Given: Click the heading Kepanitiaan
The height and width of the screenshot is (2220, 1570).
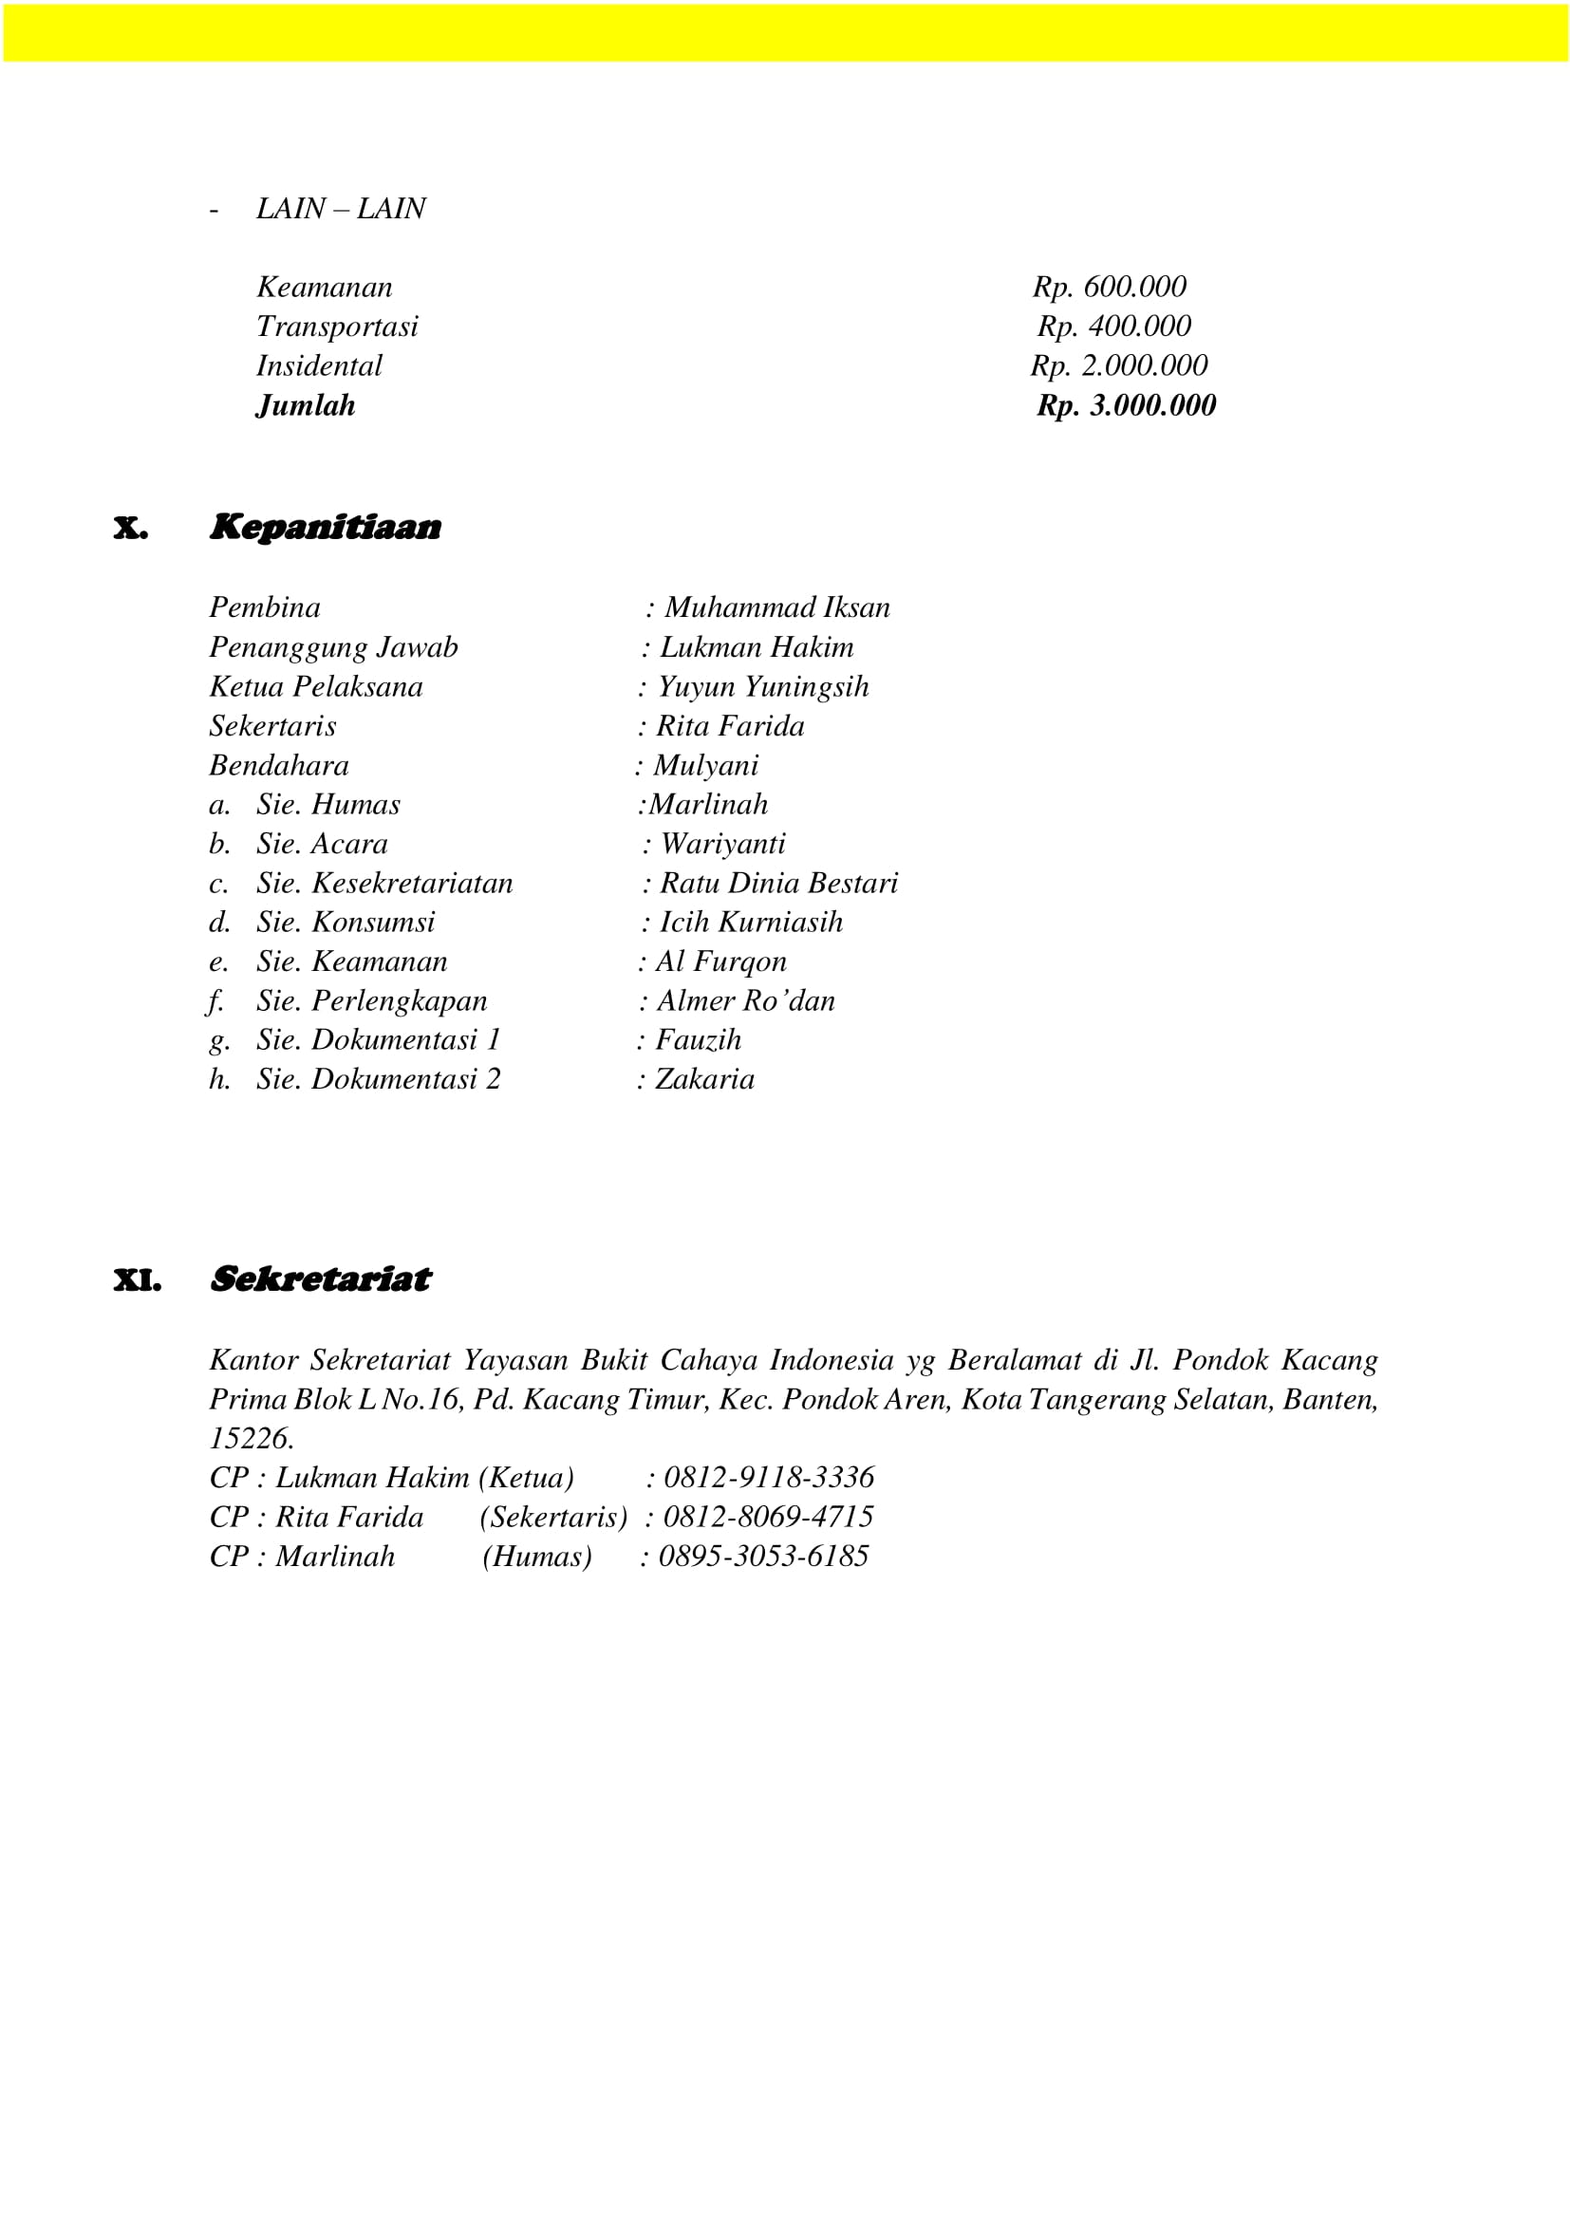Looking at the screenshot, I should click(x=325, y=528).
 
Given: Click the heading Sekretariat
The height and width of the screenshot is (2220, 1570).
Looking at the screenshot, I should click(x=320, y=1279).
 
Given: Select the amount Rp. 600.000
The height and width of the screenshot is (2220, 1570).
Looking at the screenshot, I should click(x=1109, y=288).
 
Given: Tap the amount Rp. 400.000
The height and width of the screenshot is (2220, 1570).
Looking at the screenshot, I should click(x=1113, y=326).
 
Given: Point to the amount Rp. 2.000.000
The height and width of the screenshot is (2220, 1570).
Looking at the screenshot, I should click(x=1118, y=366).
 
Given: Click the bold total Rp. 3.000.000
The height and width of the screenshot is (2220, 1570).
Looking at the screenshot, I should click(x=1127, y=405).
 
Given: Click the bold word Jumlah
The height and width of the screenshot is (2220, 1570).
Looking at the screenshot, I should click(x=306, y=406).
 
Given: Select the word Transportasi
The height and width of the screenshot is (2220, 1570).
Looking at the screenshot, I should click(x=337, y=326).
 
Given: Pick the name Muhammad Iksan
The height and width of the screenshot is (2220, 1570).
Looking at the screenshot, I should click(x=777, y=608).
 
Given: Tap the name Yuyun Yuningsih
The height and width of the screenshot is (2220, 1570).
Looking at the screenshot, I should click(x=763, y=687).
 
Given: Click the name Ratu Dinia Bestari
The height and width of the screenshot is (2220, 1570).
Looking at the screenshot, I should click(x=778, y=884).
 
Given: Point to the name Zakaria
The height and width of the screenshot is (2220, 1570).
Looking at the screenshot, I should click(x=704, y=1080).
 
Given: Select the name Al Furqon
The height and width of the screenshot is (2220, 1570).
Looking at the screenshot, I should click(x=721, y=962).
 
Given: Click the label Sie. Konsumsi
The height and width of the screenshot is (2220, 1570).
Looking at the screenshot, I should click(x=346, y=923).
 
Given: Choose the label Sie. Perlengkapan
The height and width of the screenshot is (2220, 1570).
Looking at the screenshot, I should click(x=371, y=1001).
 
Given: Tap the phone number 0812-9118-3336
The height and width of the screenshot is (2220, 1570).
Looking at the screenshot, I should click(x=769, y=1479).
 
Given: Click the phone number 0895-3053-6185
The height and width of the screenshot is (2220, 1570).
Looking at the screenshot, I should click(x=763, y=1557).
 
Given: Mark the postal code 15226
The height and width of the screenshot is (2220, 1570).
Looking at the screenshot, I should click(x=251, y=1439).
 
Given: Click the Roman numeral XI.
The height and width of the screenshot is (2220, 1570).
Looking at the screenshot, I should click(x=138, y=1281).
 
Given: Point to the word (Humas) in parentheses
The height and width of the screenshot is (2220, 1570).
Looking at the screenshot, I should click(x=536, y=1557).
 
